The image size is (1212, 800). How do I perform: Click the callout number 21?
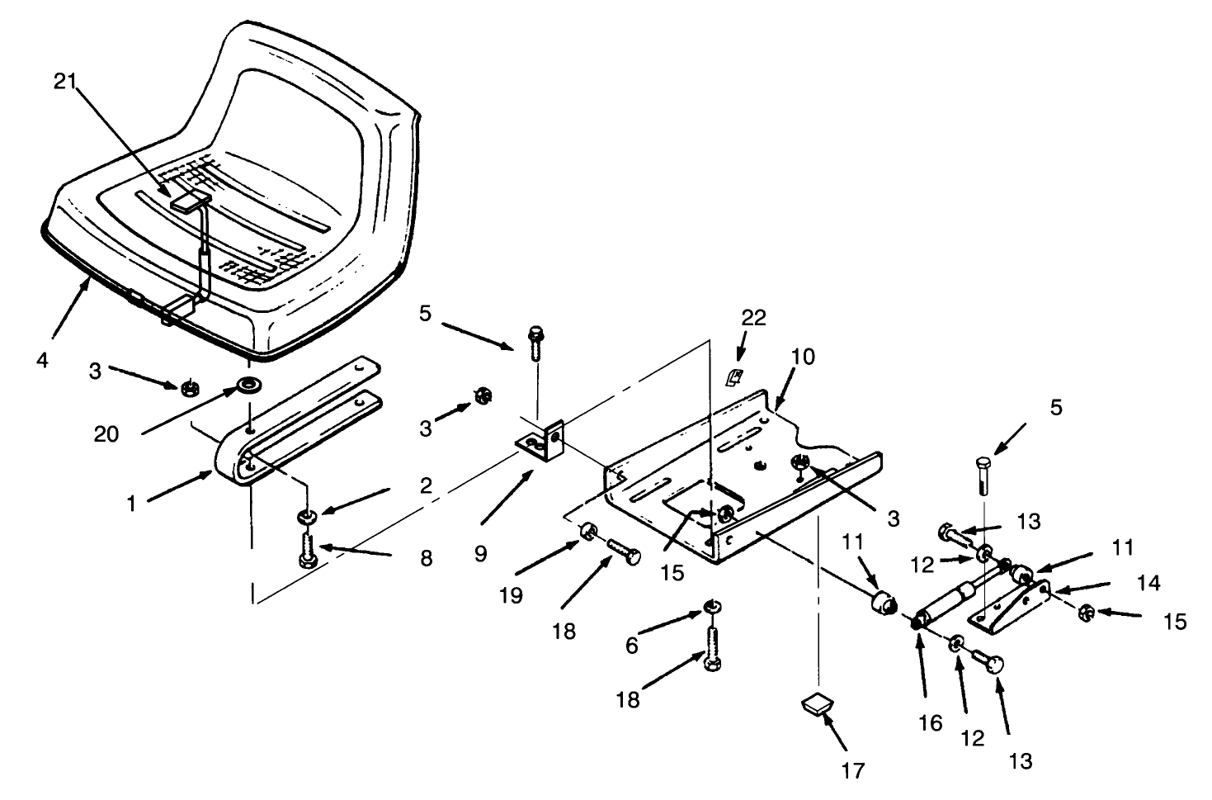click(x=67, y=81)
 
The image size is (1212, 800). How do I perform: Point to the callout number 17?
click(x=852, y=770)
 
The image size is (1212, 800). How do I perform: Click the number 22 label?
click(x=753, y=318)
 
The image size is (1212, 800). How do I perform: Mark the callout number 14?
click(x=1148, y=583)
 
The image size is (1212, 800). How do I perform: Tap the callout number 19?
click(x=511, y=595)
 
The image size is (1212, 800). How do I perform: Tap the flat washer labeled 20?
click(x=246, y=384)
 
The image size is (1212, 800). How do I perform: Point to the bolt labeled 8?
click(x=307, y=548)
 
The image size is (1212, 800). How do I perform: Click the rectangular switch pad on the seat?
click(x=189, y=201)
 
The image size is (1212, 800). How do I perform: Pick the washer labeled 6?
click(x=711, y=609)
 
